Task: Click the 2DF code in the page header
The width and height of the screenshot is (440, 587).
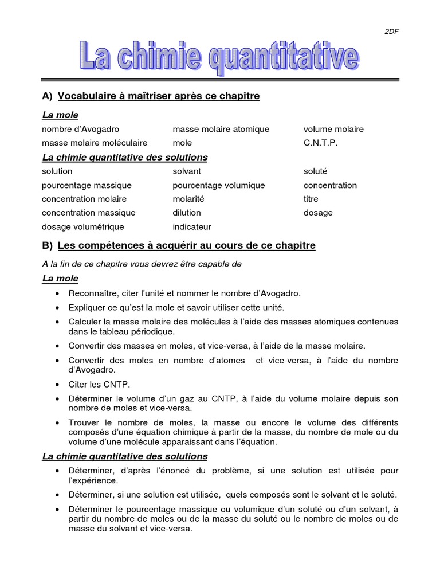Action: click(391, 32)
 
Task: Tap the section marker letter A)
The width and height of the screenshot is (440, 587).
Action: click(48, 96)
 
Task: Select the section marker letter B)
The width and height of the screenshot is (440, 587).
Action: click(48, 246)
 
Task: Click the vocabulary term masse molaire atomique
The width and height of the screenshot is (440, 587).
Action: click(221, 130)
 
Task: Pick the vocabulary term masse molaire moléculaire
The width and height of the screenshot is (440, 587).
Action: click(95, 143)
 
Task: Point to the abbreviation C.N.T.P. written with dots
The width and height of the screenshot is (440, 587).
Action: click(321, 143)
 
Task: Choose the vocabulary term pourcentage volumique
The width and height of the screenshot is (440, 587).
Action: click(219, 185)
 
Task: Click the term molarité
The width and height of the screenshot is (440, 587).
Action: click(188, 199)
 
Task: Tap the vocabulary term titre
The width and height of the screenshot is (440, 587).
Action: click(311, 199)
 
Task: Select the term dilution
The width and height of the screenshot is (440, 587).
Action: click(187, 213)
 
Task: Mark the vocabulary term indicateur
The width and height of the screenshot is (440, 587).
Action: click(192, 227)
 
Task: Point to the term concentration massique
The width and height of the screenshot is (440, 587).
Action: click(89, 213)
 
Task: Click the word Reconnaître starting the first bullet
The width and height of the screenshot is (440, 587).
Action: click(92, 293)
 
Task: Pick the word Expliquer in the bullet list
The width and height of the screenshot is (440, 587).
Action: click(88, 308)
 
